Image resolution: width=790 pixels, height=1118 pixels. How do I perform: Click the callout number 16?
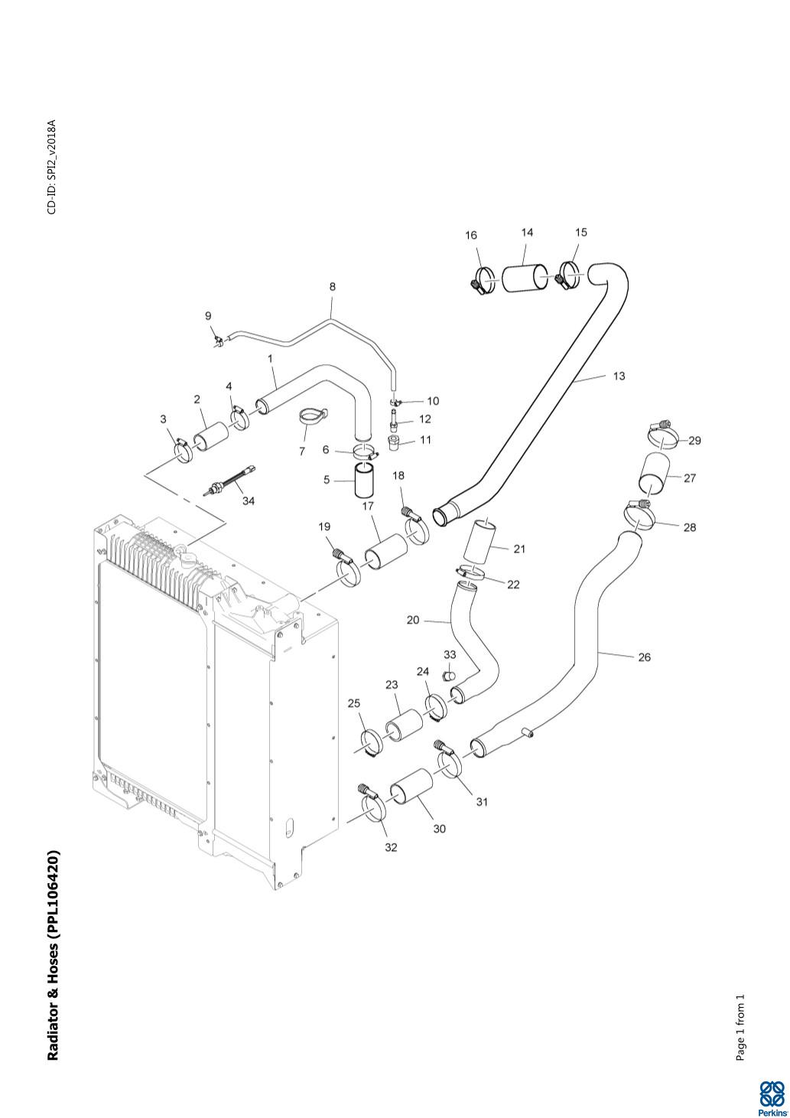[471, 236]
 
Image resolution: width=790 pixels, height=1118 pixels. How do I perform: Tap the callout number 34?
[249, 501]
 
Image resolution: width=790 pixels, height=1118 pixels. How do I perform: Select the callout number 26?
[644, 657]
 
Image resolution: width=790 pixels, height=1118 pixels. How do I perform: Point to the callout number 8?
[332, 287]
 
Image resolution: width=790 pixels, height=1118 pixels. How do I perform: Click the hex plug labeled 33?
[450, 675]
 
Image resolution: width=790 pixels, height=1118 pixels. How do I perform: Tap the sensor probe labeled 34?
[229, 481]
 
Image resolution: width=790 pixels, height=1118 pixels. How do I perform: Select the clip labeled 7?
[310, 417]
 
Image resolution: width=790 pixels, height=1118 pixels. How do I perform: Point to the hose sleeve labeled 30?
[411, 793]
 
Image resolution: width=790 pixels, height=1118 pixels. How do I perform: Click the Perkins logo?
[772, 1096]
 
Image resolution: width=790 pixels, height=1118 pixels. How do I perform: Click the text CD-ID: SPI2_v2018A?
[52, 167]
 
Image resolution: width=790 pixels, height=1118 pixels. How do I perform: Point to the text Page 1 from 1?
[740, 1028]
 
